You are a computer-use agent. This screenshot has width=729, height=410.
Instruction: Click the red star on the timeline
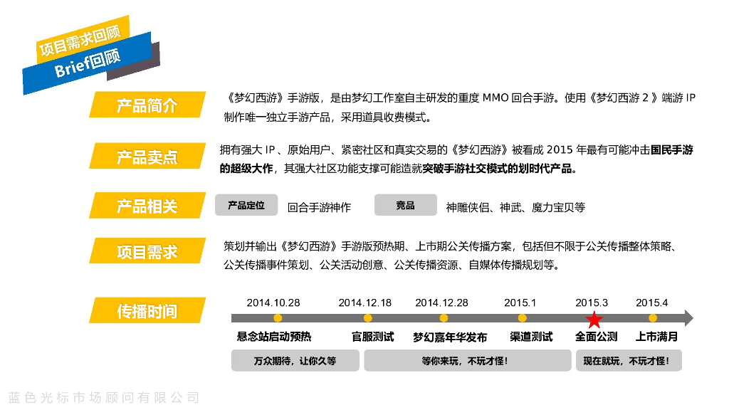(x=594, y=318)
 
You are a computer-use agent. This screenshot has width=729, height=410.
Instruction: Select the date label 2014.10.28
(x=273, y=303)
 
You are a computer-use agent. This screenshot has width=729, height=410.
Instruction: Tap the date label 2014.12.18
(x=364, y=303)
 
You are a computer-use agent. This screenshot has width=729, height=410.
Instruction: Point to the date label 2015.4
(x=651, y=303)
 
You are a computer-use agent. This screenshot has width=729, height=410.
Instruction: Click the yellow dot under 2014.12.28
(x=444, y=318)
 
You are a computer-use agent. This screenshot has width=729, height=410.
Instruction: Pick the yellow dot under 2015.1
(x=522, y=318)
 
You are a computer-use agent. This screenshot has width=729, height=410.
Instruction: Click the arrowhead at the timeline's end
(x=688, y=318)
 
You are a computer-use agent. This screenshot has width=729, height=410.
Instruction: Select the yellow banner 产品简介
(x=147, y=106)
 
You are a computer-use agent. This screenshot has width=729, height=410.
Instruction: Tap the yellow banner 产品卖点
(x=147, y=157)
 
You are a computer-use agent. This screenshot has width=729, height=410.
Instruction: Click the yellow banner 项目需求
(x=147, y=251)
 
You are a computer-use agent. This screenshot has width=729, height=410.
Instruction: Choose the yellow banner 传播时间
(x=147, y=311)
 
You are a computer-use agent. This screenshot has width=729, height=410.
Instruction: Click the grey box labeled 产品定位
(x=246, y=206)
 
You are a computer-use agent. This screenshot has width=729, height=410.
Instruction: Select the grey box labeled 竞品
(x=405, y=206)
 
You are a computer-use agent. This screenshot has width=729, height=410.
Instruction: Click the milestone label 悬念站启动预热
(x=273, y=337)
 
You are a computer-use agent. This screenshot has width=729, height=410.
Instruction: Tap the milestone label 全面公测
(x=596, y=337)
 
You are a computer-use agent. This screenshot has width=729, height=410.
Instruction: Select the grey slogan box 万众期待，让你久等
(x=295, y=361)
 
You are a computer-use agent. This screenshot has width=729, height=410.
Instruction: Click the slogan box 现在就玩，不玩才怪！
(x=628, y=361)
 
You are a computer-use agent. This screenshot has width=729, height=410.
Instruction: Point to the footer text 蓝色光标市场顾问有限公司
(x=104, y=397)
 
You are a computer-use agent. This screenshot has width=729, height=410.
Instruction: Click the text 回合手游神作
(x=319, y=208)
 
